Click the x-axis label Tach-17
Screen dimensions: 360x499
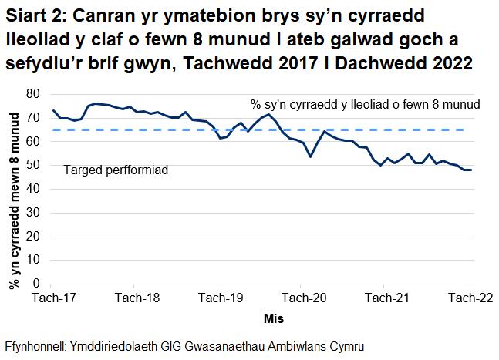52,298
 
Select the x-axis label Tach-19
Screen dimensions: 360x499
219,298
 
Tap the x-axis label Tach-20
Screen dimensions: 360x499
302,298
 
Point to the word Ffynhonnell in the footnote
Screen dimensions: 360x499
35,345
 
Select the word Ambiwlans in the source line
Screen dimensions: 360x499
298,345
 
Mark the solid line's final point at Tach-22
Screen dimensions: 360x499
470,170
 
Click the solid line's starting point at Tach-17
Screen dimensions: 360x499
52,110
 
